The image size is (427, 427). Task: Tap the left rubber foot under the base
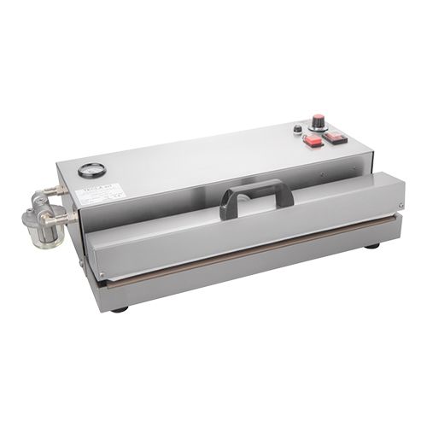coord(120,308)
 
